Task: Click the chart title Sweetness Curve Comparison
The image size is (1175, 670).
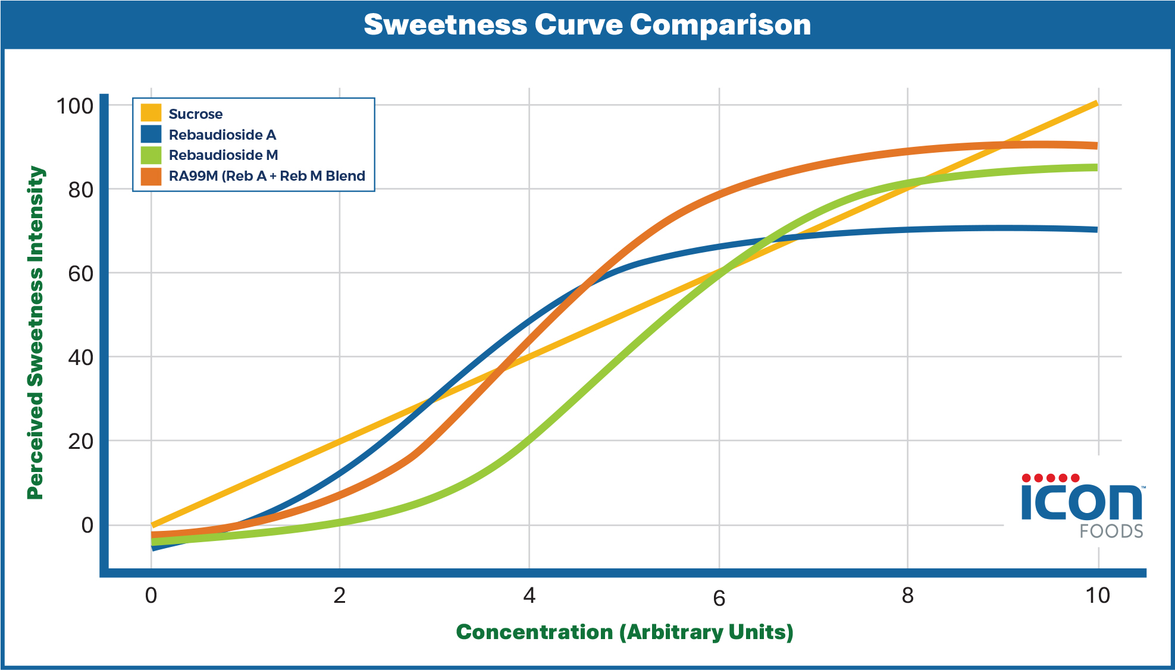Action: point(587,25)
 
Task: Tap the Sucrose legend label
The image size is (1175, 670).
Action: point(195,114)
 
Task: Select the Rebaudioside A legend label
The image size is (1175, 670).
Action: point(222,134)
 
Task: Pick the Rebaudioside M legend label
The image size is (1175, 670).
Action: point(223,155)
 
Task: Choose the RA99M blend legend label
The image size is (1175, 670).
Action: point(267,176)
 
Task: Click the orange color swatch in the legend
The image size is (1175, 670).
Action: point(151,176)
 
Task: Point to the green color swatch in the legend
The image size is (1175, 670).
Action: point(151,155)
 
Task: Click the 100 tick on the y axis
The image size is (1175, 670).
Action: point(75,106)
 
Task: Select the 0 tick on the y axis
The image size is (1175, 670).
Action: point(87,526)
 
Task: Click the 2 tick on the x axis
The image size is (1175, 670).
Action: point(339,595)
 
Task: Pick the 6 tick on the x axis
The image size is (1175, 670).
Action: point(719,598)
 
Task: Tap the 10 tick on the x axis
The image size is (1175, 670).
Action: point(1097,595)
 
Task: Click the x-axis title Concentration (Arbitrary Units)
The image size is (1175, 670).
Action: point(625,632)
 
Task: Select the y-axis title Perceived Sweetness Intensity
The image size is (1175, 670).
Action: point(36,333)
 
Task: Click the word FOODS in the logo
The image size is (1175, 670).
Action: point(1111,531)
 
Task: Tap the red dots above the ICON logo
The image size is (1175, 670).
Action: point(1051,478)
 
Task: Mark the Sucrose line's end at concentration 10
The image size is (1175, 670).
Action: point(1096,104)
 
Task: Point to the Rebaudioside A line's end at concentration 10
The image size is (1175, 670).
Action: point(1096,229)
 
